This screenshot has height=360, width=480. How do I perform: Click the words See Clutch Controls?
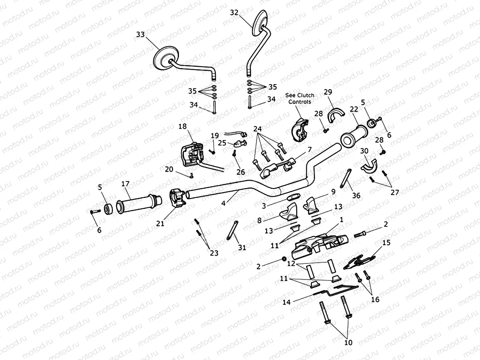pyautogui.click(x=300, y=98)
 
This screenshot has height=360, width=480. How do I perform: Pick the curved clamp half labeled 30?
pyautogui.click(x=370, y=164)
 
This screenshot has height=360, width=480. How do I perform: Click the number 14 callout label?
pyautogui.click(x=286, y=302)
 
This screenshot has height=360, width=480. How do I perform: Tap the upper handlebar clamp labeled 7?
pyautogui.click(x=275, y=168)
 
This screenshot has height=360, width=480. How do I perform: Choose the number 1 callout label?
pyautogui.click(x=341, y=220)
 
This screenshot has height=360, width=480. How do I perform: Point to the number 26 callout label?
pyautogui.click(x=240, y=172)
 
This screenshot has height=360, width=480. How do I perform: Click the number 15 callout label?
pyautogui.click(x=386, y=243)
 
